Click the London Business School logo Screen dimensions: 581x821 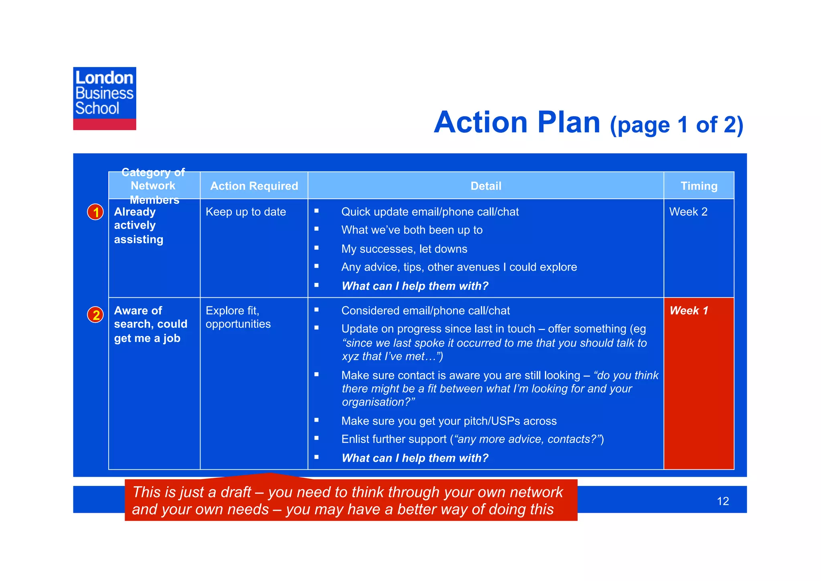point(104,98)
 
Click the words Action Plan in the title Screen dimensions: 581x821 point(517,122)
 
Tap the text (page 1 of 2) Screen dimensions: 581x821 point(676,125)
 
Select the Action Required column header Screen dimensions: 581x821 point(254,186)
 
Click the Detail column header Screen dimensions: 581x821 point(485,186)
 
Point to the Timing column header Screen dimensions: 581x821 point(699,186)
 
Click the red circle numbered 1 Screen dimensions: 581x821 point(95,212)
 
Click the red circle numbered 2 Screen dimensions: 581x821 point(95,315)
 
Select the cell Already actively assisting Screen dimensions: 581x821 point(139,225)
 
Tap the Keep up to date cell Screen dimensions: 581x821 point(246,212)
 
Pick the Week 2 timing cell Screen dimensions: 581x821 point(688,212)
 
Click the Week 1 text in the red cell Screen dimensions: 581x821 point(689,311)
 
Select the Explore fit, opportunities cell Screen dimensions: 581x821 point(238,317)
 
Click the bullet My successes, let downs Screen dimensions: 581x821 point(404,249)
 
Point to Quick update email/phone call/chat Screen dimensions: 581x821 point(430,212)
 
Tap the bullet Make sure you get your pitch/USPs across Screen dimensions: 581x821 point(449,421)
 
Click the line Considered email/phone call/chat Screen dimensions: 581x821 point(425,311)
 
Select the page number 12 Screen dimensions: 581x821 point(722,501)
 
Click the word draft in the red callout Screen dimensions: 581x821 point(234,492)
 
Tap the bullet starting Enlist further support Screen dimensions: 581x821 point(472,439)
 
